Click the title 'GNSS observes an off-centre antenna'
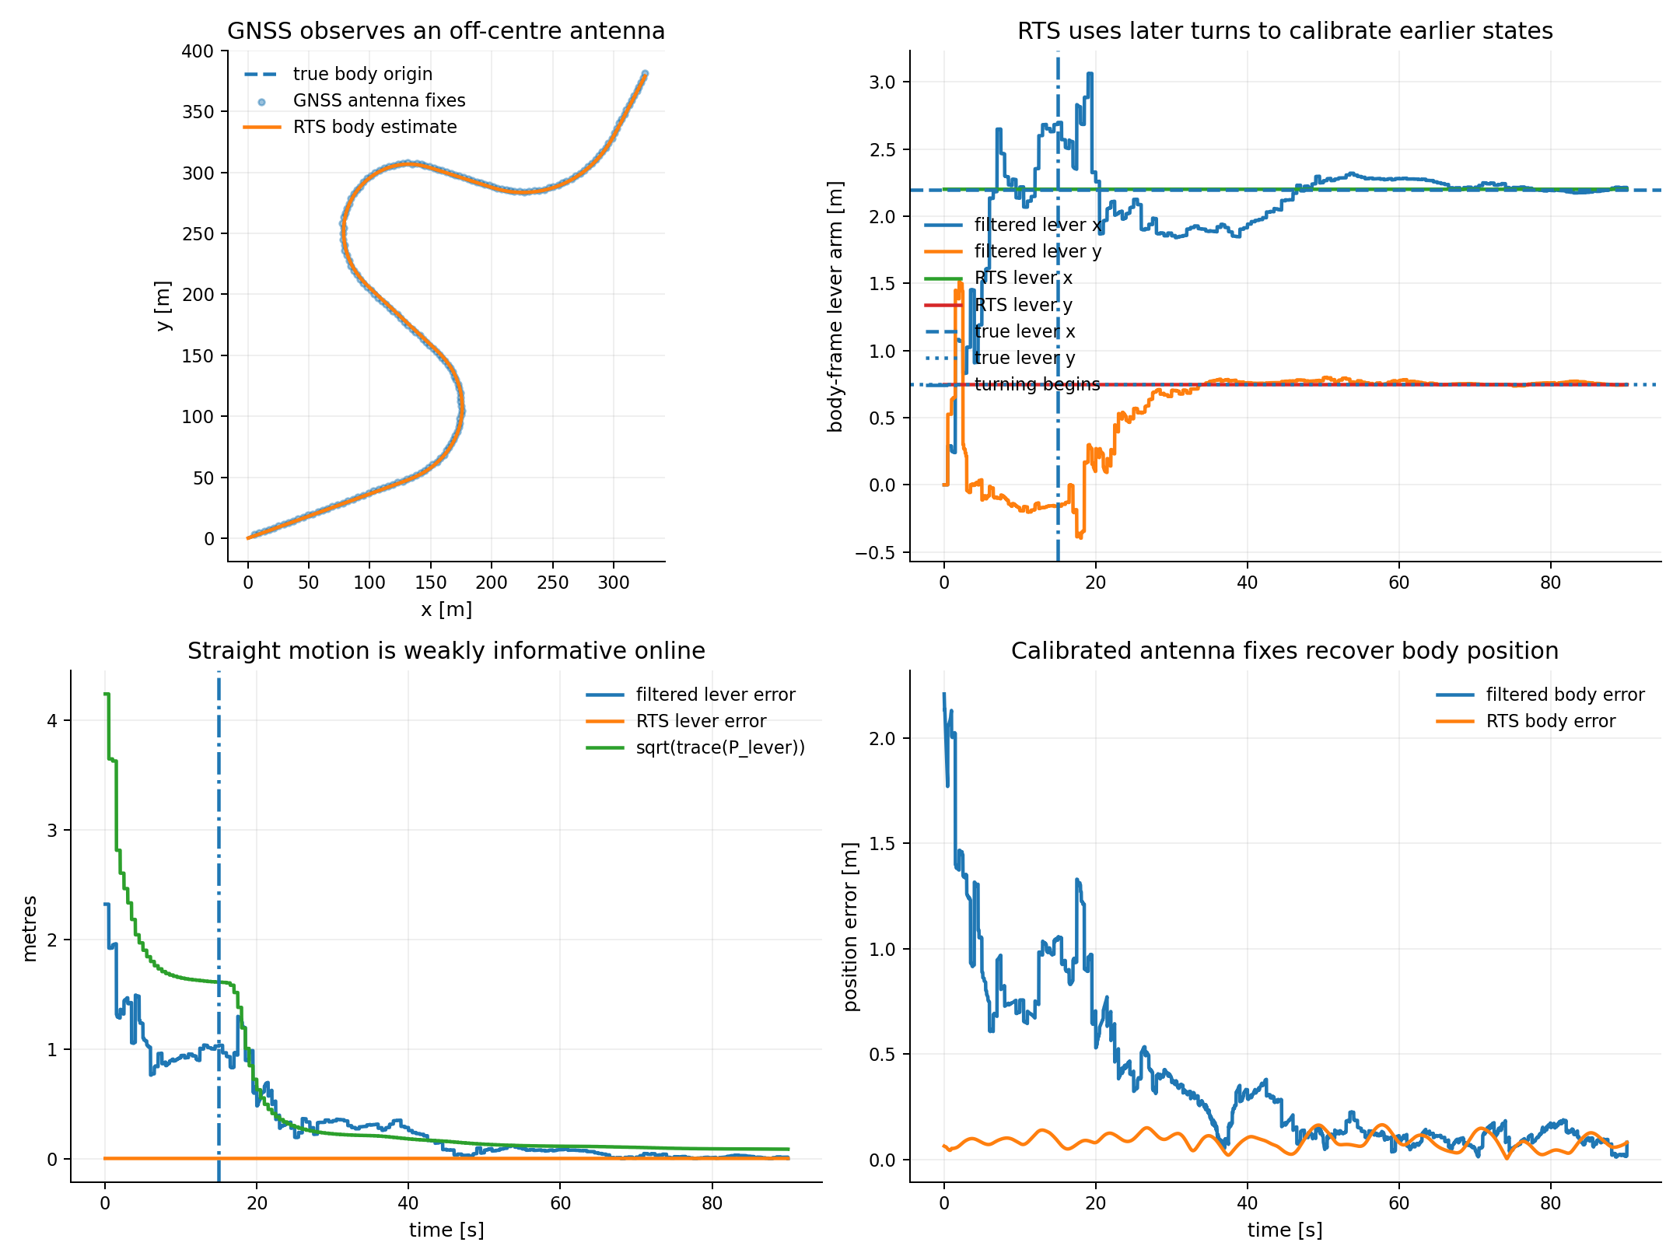pyautogui.click(x=446, y=31)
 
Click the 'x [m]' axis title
pyautogui.click(x=446, y=609)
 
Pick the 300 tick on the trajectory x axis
pyautogui.click(x=614, y=583)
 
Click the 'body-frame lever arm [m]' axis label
pyautogui.click(x=836, y=306)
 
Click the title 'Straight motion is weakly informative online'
pyautogui.click(x=446, y=651)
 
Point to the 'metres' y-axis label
pyautogui.click(x=30, y=929)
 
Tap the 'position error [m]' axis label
pyautogui.click(x=852, y=926)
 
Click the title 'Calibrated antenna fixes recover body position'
pyautogui.click(x=1285, y=651)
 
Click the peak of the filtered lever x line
pyautogui.click(x=1090, y=73)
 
